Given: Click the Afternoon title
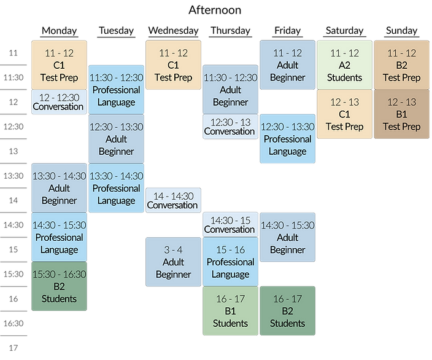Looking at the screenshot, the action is tap(215, 10).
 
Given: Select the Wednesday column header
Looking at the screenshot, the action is tap(173, 30).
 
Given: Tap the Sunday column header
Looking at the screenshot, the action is tap(401, 30).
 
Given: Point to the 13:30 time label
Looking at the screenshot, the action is tap(13, 176).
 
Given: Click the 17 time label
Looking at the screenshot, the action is tap(13, 348).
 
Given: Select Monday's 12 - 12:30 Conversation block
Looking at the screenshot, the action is tap(60, 102).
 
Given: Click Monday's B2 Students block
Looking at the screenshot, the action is tap(60, 286).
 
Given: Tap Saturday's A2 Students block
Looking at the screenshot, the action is tap(344, 65).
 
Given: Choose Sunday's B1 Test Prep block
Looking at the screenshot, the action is tap(401, 114).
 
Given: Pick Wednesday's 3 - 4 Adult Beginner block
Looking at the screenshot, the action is tap(173, 262).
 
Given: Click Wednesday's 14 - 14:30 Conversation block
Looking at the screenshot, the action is tap(173, 200).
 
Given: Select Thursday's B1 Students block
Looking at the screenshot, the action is tap(230, 311).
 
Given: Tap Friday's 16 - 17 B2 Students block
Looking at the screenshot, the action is tap(287, 311).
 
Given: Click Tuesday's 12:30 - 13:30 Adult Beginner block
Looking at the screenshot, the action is tap(116, 139).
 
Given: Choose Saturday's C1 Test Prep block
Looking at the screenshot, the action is tap(344, 114).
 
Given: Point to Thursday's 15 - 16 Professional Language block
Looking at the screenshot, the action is tap(230, 262).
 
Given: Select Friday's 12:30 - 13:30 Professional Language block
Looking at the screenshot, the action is tap(287, 139).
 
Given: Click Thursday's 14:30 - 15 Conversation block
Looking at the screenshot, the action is tap(230, 225).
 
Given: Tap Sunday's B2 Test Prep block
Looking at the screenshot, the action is tap(401, 65).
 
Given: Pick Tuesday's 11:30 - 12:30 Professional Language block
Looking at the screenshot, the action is tap(116, 90).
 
